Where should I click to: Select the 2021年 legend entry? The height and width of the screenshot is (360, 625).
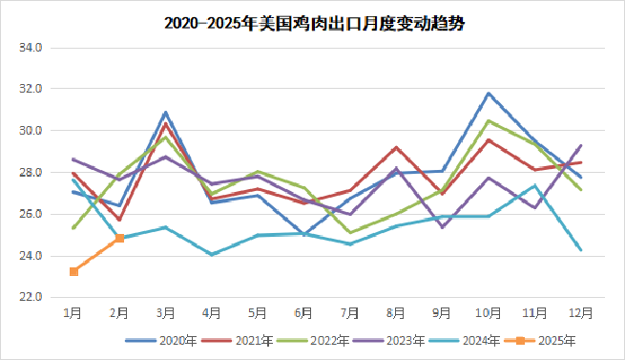pyautogui.click(x=242, y=339)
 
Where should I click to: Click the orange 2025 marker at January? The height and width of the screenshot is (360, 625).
pyautogui.click(x=73, y=272)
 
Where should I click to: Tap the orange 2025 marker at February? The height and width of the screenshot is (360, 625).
pyautogui.click(x=119, y=239)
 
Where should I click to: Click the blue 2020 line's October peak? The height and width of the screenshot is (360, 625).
pyautogui.click(x=489, y=94)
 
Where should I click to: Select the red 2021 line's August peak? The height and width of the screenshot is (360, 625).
pyautogui.click(x=397, y=147)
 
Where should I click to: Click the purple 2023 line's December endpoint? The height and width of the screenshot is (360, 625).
pyautogui.click(x=581, y=145)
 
